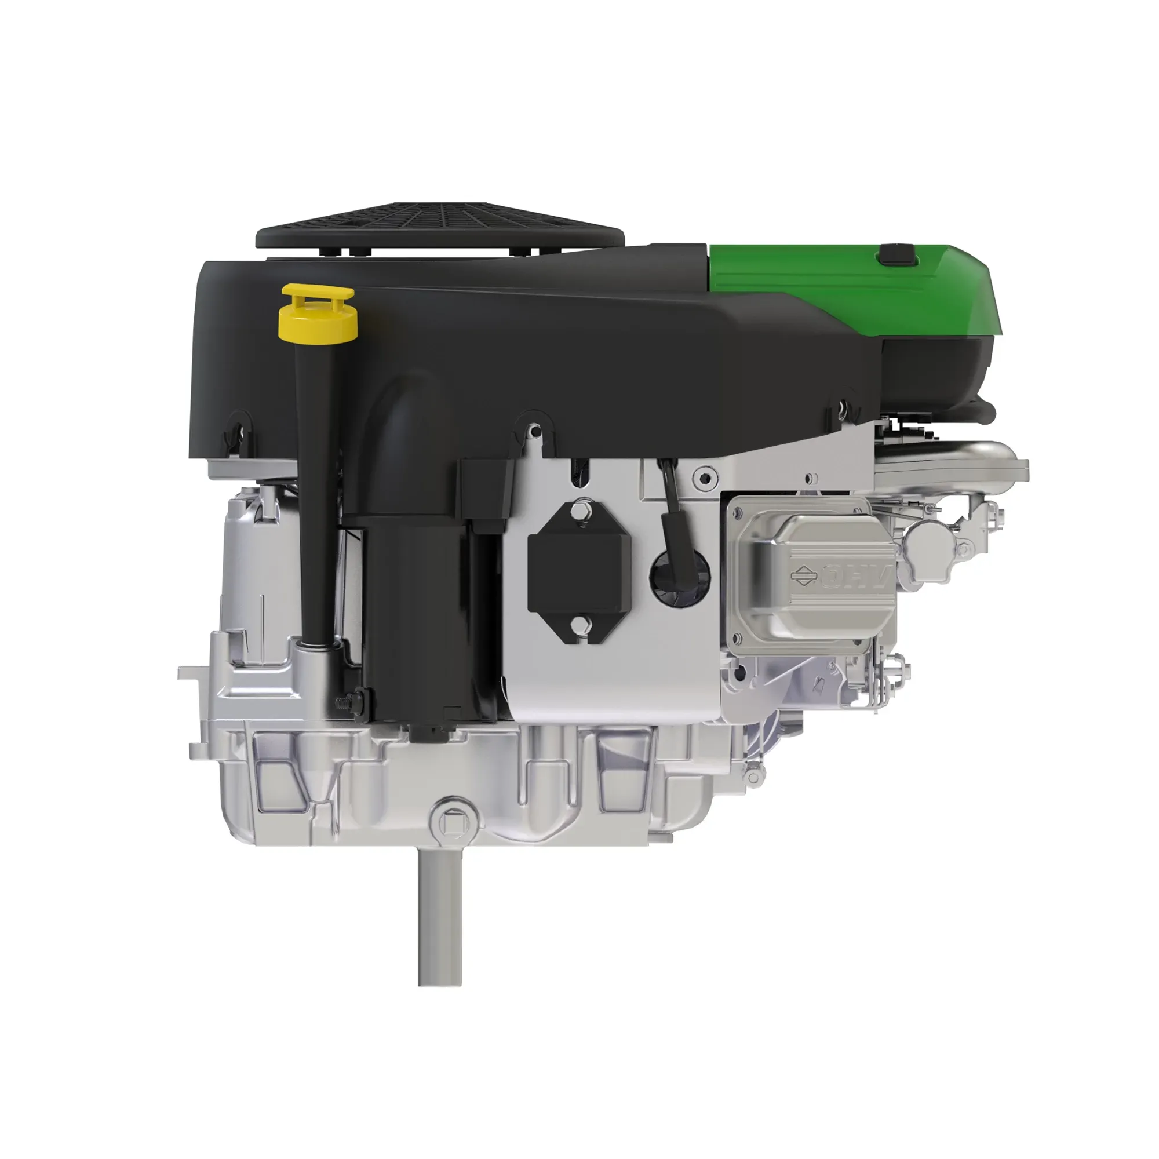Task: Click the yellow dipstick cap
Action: pyautogui.click(x=318, y=311)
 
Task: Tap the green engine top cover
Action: pyautogui.click(x=852, y=288)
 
